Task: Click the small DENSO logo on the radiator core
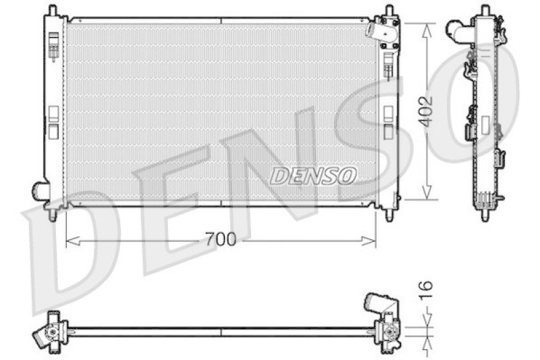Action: [313, 176]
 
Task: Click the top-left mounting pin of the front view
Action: [51, 11]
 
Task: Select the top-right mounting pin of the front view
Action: [389, 11]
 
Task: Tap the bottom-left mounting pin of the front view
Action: [52, 215]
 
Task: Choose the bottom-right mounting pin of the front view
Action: [389, 215]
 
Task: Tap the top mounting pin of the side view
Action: [484, 11]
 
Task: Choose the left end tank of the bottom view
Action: [51, 331]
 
